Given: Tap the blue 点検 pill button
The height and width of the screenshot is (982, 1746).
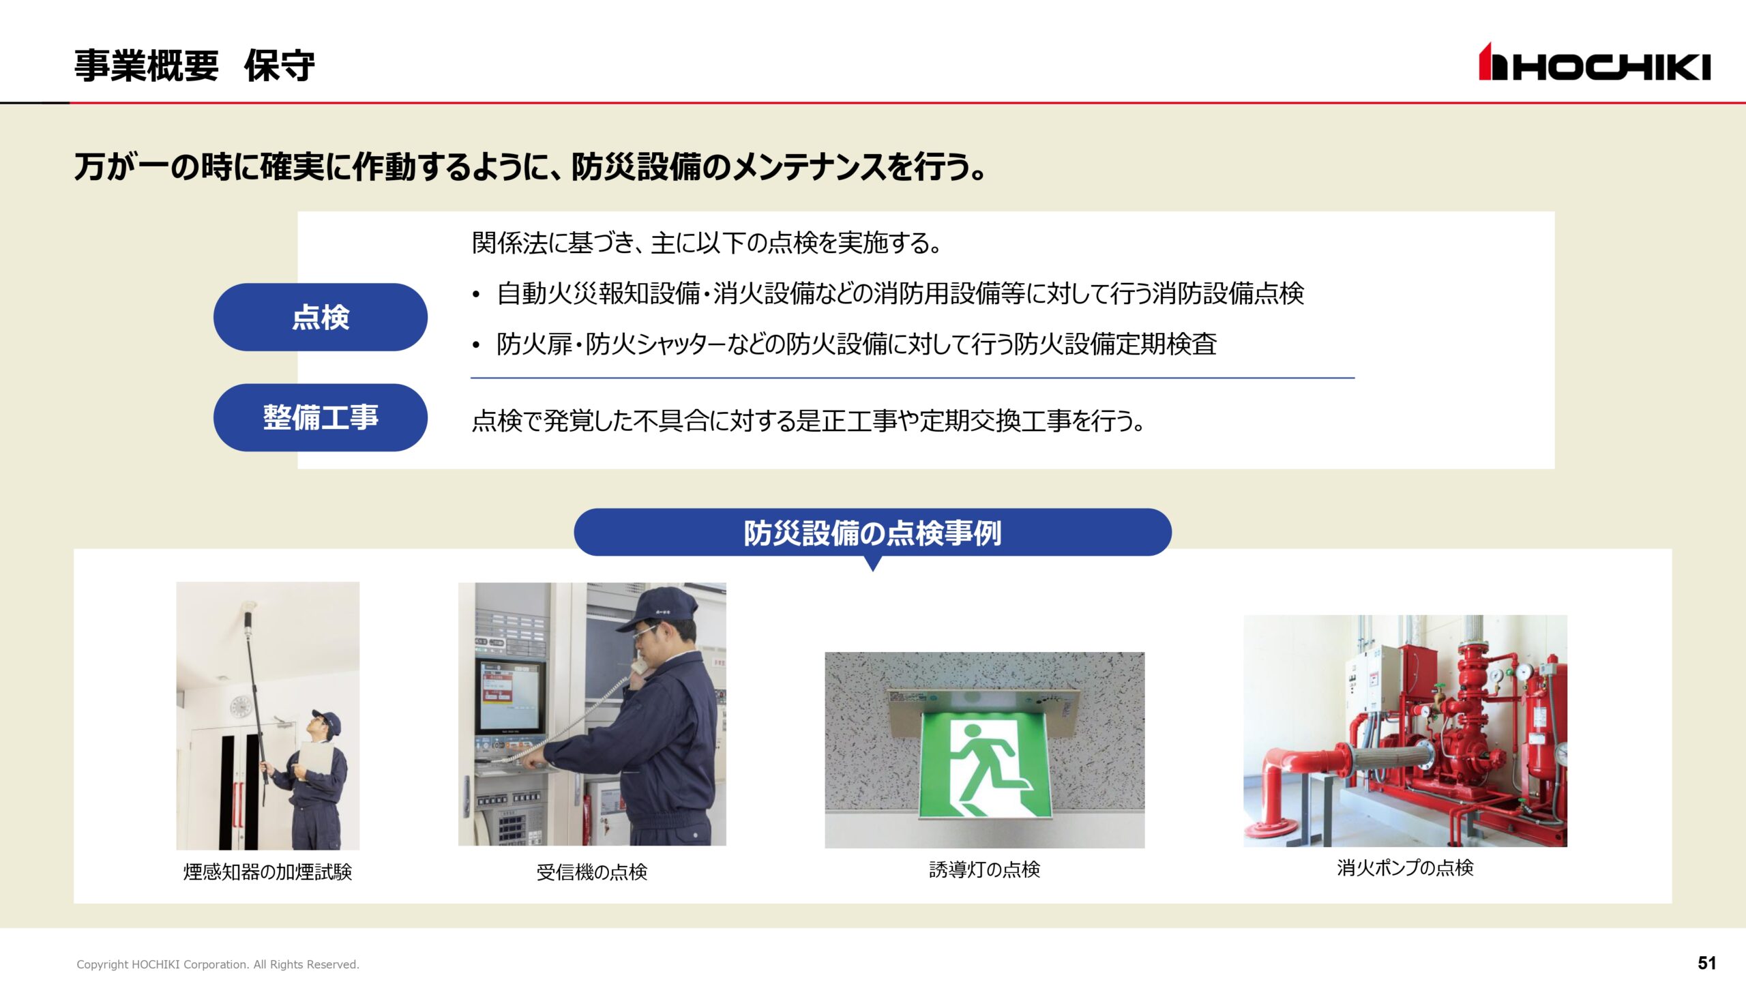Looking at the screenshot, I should (x=321, y=317).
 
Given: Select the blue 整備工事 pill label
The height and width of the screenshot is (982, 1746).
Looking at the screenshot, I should (x=321, y=417).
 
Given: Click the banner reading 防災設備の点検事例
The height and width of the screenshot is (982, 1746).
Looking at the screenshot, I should (x=872, y=533).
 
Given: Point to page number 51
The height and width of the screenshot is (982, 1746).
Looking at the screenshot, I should (x=1706, y=963).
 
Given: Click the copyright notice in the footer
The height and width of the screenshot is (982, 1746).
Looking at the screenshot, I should (x=218, y=964).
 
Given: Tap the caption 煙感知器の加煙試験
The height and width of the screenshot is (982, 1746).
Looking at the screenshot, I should (x=267, y=872).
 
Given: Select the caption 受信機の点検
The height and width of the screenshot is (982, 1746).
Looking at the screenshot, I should (x=591, y=872).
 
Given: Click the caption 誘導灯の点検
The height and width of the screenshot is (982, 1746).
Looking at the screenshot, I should (x=984, y=869).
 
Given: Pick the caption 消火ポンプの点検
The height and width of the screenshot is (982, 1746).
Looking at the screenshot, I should (x=1405, y=867).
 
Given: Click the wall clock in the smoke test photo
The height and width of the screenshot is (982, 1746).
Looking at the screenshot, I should (x=240, y=707).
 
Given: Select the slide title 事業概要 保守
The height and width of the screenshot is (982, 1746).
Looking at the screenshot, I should (x=194, y=66).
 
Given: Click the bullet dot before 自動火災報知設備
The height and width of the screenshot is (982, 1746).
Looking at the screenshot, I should (x=476, y=295).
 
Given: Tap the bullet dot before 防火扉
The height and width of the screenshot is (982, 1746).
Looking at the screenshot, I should (x=476, y=346).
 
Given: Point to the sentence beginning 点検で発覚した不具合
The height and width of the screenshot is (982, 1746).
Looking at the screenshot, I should (x=808, y=421).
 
